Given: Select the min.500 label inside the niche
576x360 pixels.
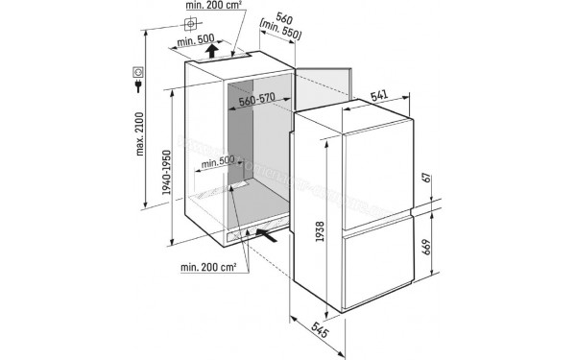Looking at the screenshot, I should click(219, 162).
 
